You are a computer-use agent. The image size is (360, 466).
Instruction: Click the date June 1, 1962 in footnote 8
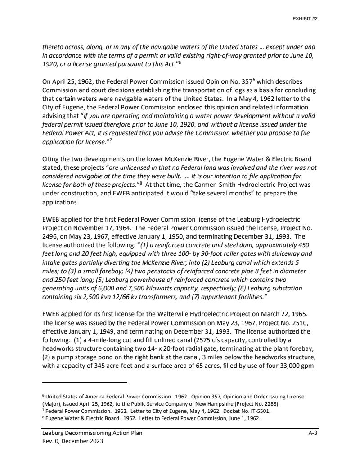click(248, 418)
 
